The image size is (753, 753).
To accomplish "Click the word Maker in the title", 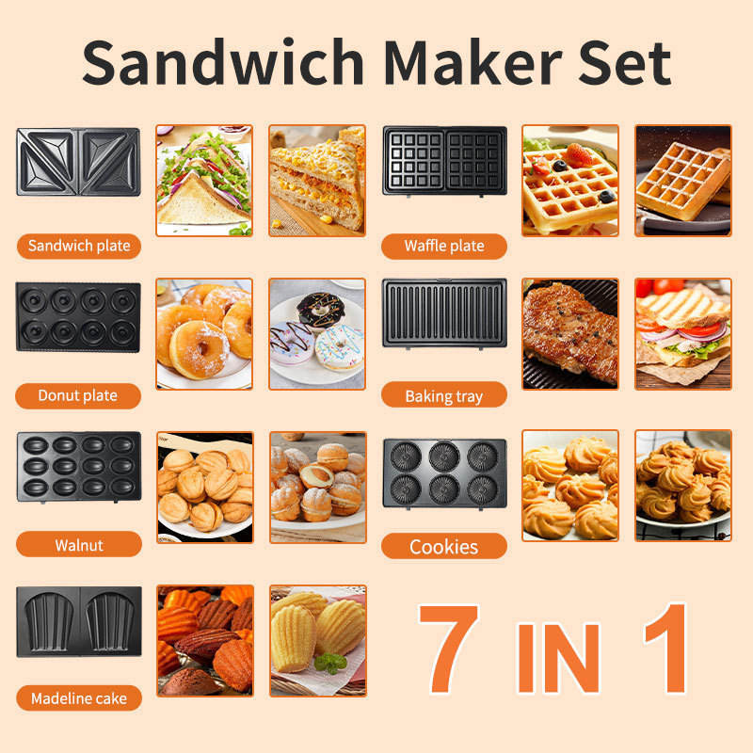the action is click(x=473, y=62).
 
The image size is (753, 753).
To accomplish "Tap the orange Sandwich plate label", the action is click(x=79, y=246).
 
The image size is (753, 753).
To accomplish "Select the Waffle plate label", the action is click(x=444, y=246).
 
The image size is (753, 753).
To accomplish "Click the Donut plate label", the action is click(x=78, y=395).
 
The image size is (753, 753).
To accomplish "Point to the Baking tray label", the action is click(x=444, y=396).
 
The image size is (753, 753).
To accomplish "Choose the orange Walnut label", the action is click(x=79, y=545).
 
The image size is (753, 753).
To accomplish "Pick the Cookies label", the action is click(x=444, y=546).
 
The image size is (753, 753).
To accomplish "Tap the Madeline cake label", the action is click(x=79, y=697).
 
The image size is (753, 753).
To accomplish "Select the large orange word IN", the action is click(x=558, y=658).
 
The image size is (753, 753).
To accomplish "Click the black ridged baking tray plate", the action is click(x=444, y=313).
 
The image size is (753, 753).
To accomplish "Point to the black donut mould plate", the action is click(x=78, y=317).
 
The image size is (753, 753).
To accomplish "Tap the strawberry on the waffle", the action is click(x=578, y=154).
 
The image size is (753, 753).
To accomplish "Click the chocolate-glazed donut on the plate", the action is click(x=321, y=311).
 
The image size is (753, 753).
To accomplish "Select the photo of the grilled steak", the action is click(x=570, y=334).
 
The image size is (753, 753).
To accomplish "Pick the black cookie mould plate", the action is click(x=444, y=473).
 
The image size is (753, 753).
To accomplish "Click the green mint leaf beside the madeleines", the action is click(x=330, y=663).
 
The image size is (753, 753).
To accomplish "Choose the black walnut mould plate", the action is click(x=79, y=467).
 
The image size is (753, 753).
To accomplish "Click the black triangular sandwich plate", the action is click(x=78, y=162).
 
